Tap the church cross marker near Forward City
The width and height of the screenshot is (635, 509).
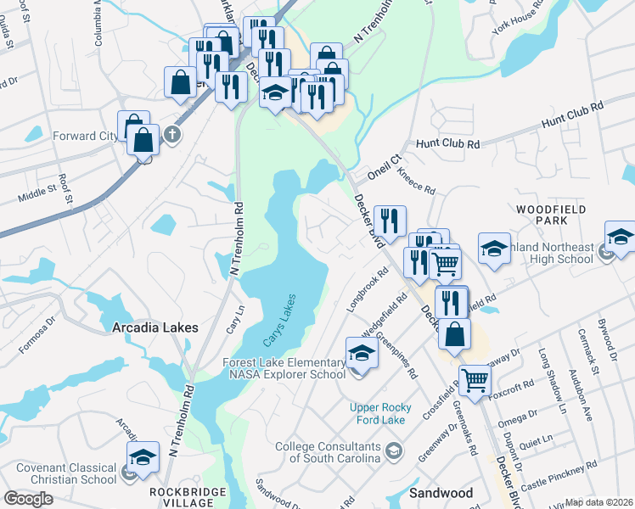tap(172, 134)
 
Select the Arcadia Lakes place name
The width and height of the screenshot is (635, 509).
tap(155, 327)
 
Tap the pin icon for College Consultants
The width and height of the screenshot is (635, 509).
tap(392, 449)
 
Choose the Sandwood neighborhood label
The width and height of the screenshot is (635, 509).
tap(441, 492)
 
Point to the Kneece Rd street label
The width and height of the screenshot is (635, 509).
tap(416, 181)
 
